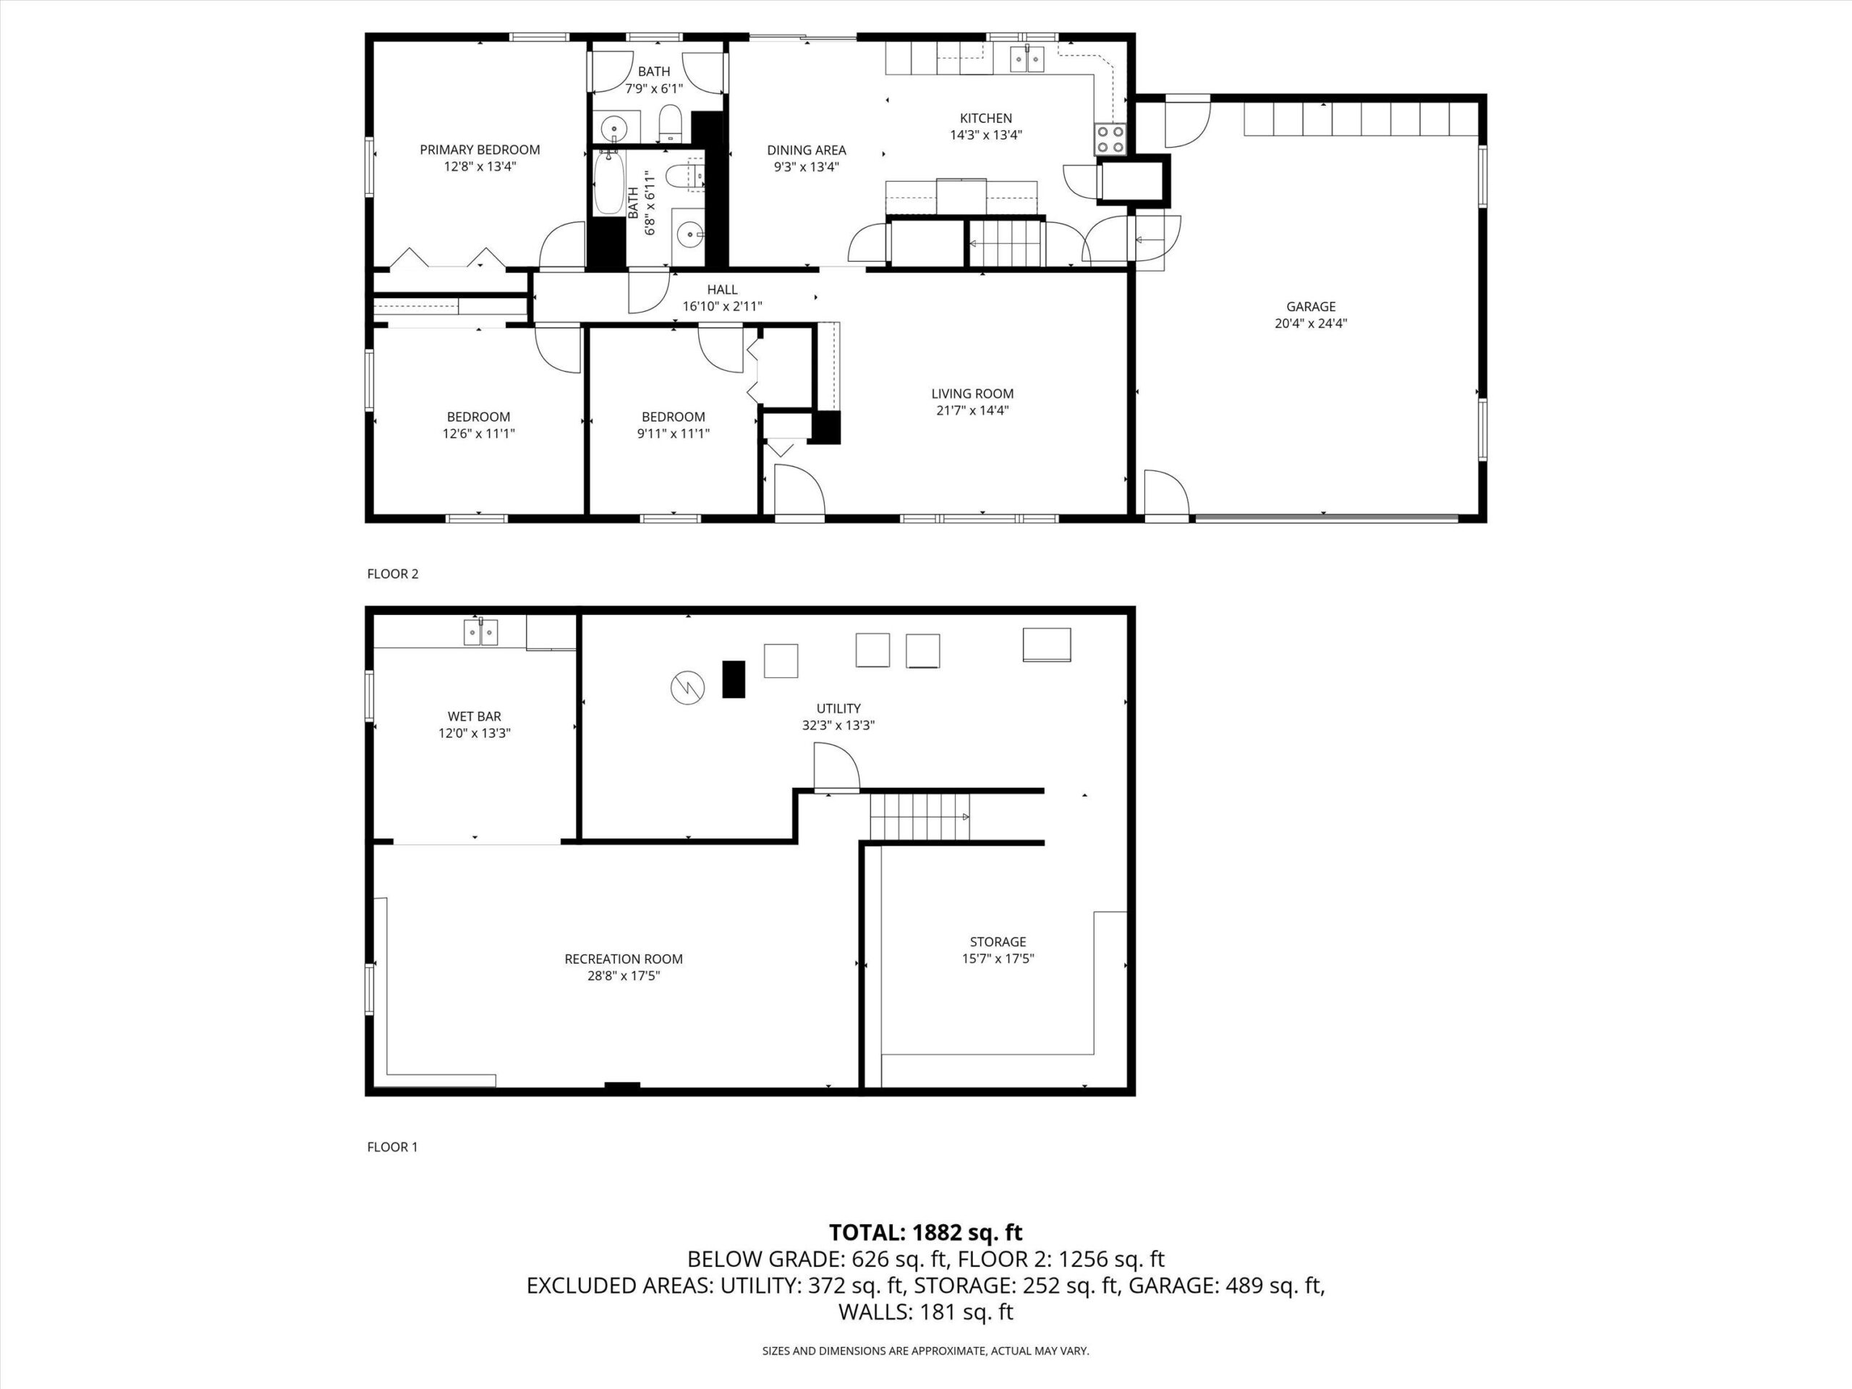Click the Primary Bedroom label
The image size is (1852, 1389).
pyautogui.click(x=480, y=150)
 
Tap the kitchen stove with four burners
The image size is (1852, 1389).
pyautogui.click(x=1111, y=139)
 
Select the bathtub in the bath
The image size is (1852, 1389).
pyautogui.click(x=606, y=182)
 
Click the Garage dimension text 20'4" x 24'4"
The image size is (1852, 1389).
pyautogui.click(x=1310, y=323)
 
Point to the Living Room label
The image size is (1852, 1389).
pyautogui.click(x=972, y=394)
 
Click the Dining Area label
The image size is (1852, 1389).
pyautogui.click(x=807, y=150)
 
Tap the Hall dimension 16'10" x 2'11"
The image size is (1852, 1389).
pyautogui.click(x=722, y=307)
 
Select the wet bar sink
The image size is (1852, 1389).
pyautogui.click(x=481, y=632)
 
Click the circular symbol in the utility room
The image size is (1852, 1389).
pyautogui.click(x=687, y=688)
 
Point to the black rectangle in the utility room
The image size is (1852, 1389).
pyautogui.click(x=734, y=679)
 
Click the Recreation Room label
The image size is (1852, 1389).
pyautogui.click(x=624, y=959)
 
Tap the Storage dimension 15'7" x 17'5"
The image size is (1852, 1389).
pyautogui.click(x=998, y=959)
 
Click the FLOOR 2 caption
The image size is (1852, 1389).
pyautogui.click(x=393, y=574)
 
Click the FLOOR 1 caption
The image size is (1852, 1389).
pyautogui.click(x=392, y=1147)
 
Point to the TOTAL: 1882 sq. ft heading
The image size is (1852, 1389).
pyautogui.click(x=925, y=1233)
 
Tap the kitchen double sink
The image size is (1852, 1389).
pyautogui.click(x=1027, y=59)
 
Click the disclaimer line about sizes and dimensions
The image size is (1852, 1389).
pyautogui.click(x=925, y=1351)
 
